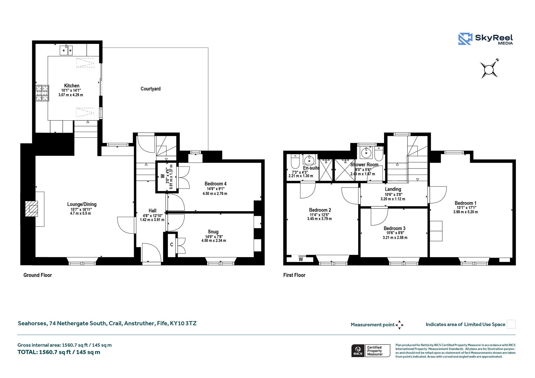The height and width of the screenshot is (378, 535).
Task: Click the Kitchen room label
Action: [x=72, y=86]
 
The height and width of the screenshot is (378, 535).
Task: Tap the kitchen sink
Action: [x=66, y=50]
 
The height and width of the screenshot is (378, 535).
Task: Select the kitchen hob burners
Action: [x=42, y=93]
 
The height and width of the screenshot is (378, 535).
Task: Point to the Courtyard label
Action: [x=150, y=89]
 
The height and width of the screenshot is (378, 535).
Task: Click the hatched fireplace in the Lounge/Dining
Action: [x=31, y=209]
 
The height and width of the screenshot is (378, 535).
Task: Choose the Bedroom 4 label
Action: [x=216, y=184]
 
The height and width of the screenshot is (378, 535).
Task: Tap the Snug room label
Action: [x=213, y=232]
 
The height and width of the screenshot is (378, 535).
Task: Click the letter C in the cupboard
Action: [x=172, y=245]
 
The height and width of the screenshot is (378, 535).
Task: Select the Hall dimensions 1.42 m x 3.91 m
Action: [x=152, y=220]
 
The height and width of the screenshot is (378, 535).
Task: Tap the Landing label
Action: [x=393, y=189]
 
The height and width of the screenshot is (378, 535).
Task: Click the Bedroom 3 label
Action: [x=394, y=228]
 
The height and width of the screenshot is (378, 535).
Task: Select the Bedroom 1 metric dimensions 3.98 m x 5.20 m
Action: [x=466, y=212]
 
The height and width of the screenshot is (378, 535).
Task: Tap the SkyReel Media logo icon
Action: [x=465, y=39]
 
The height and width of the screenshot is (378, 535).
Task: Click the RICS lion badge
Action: [x=358, y=351]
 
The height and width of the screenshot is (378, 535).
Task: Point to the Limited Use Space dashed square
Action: [x=511, y=324]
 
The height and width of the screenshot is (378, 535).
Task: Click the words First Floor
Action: [x=294, y=275]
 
